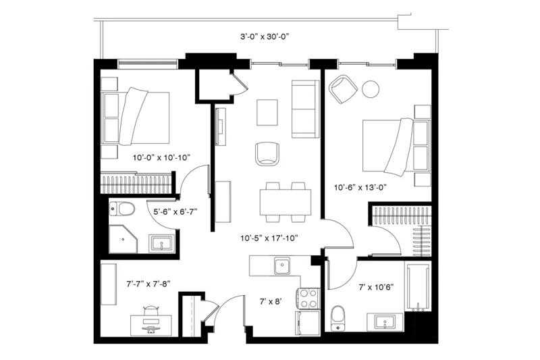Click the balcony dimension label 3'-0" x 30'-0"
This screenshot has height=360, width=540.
pyautogui.click(x=264, y=37)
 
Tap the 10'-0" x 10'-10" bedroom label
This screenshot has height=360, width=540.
pyautogui.click(x=161, y=158)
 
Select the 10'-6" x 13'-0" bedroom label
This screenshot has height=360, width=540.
pyautogui.click(x=360, y=187)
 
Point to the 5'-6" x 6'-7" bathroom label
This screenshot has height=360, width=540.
pyautogui.click(x=175, y=211)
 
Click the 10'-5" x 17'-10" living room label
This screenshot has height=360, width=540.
pyautogui.click(x=269, y=238)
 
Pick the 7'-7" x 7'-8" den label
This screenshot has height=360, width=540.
pyautogui.click(x=148, y=284)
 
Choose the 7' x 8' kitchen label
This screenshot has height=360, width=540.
pyautogui.click(x=271, y=302)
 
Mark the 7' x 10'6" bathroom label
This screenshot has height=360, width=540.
pyautogui.click(x=376, y=287)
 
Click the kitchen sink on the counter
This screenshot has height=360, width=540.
pyautogui.click(x=282, y=265)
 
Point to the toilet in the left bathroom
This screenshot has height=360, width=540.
pyautogui.click(x=122, y=209)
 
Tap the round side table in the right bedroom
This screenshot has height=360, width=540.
pyautogui.click(x=371, y=89)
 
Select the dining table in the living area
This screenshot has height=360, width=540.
pyautogui.click(x=286, y=202)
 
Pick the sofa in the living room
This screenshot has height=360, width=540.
pyautogui.click(x=306, y=109)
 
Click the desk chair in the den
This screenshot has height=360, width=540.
pyautogui.click(x=151, y=311)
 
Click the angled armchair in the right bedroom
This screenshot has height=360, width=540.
pyautogui.click(x=344, y=89)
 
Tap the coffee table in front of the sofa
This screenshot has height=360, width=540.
pyautogui.click(x=267, y=113)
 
